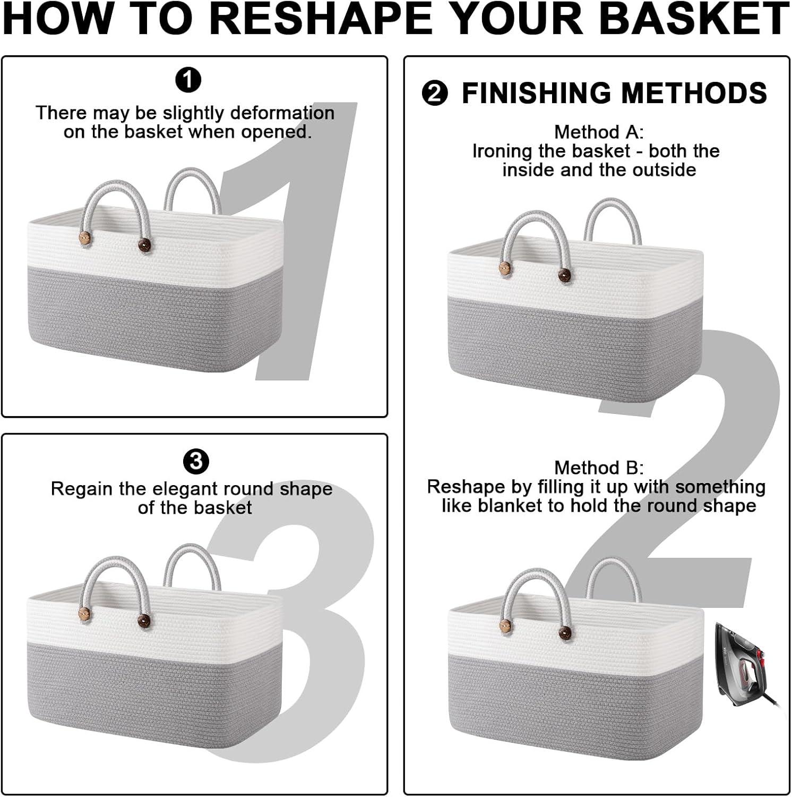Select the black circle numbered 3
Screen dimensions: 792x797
coord(196,461)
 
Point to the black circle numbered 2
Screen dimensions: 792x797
coord(435,94)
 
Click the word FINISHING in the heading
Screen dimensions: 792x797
coord(537,93)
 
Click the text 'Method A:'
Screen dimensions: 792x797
coord(599,132)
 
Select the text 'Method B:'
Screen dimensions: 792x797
coord(599,468)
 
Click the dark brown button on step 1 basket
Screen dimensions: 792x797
coord(144,245)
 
